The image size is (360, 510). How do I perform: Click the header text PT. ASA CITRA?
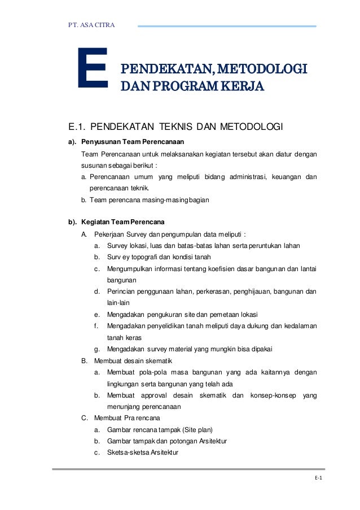click(x=91, y=25)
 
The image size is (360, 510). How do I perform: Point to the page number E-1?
click(x=318, y=478)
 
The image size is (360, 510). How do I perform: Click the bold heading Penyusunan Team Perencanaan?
click(x=133, y=141)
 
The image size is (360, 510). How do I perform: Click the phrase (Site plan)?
click(x=196, y=429)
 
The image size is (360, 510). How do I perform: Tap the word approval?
click(x=156, y=395)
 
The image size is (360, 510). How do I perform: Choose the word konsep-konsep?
click(x=273, y=395)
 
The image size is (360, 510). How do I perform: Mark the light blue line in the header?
click(x=227, y=26)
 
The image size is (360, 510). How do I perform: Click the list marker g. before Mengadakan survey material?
click(x=98, y=349)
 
